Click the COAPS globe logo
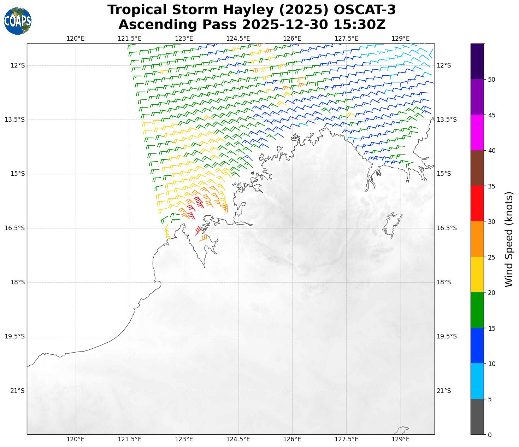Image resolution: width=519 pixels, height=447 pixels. [18, 21]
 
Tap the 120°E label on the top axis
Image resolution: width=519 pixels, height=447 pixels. [76, 39]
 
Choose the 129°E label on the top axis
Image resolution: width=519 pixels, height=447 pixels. [401, 39]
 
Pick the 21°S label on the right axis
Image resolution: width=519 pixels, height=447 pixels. [444, 391]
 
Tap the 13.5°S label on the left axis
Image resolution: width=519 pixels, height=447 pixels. [15, 120]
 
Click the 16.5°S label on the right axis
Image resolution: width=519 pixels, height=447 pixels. [447, 228]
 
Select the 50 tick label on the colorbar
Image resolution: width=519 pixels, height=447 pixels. [491, 80]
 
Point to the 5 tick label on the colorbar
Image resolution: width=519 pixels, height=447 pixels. [490, 399]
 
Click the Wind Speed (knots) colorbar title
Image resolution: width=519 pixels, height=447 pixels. [509, 239]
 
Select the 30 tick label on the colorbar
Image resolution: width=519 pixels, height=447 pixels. [491, 222]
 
